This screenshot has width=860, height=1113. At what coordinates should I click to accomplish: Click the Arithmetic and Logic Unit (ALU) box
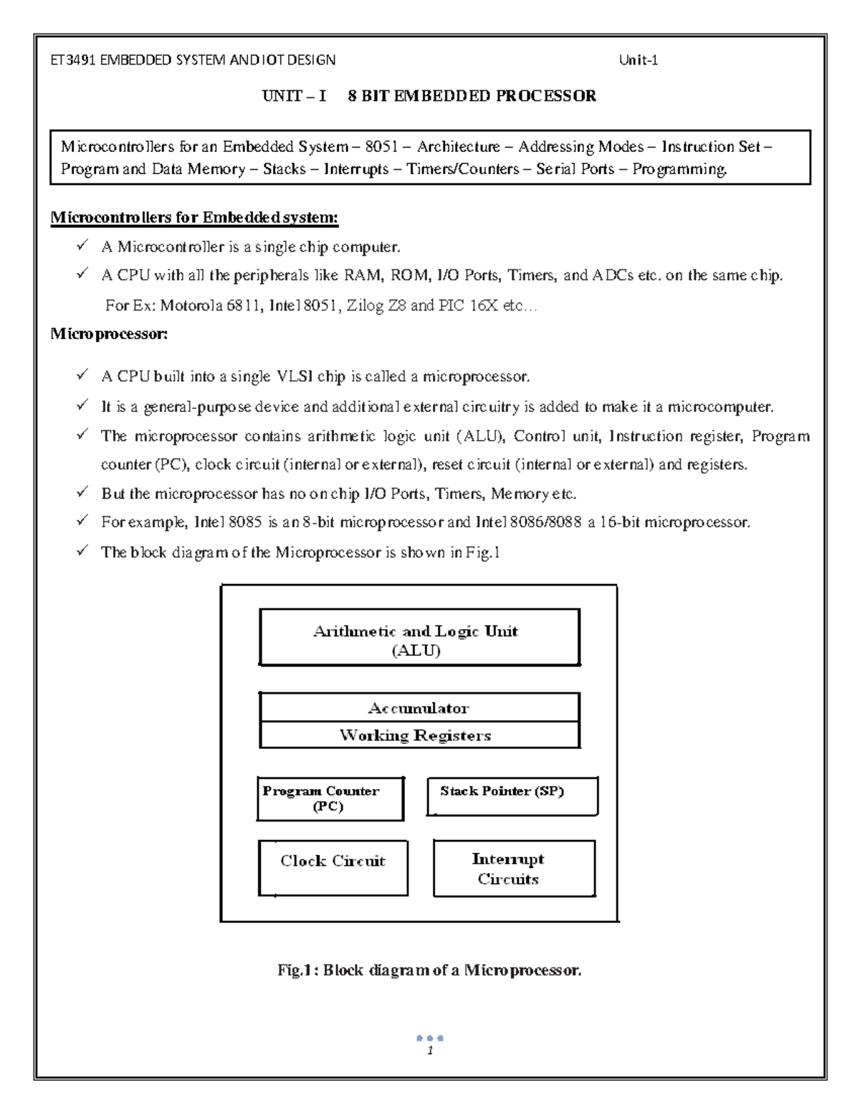coord(419,637)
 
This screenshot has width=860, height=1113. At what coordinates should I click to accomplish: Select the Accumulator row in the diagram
coord(419,708)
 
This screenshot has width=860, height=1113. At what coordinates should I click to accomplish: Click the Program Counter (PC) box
coord(330,798)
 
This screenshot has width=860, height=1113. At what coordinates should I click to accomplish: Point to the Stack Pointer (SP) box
coord(512,796)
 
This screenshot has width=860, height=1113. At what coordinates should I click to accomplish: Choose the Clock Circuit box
coord(333,867)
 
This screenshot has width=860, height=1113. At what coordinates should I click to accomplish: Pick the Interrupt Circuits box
coord(514,869)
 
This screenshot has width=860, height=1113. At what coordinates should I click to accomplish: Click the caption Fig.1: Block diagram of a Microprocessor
coord(429,970)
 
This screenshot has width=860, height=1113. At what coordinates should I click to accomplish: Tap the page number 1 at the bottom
coord(429,1051)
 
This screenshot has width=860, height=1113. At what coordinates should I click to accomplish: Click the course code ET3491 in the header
coord(72,60)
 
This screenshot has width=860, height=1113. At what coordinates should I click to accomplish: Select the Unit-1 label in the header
coord(638,60)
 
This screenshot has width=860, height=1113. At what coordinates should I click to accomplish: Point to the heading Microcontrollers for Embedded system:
coord(194,217)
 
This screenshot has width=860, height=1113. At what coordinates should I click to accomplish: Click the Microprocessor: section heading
coord(109,333)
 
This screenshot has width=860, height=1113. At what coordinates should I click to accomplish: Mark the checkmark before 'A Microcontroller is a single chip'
coord(83,246)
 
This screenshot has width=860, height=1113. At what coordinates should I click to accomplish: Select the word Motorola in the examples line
coord(191,306)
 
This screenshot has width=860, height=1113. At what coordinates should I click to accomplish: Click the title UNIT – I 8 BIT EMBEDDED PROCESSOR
coord(429,96)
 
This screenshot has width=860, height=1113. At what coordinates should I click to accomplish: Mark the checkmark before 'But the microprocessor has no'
coord(83,492)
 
